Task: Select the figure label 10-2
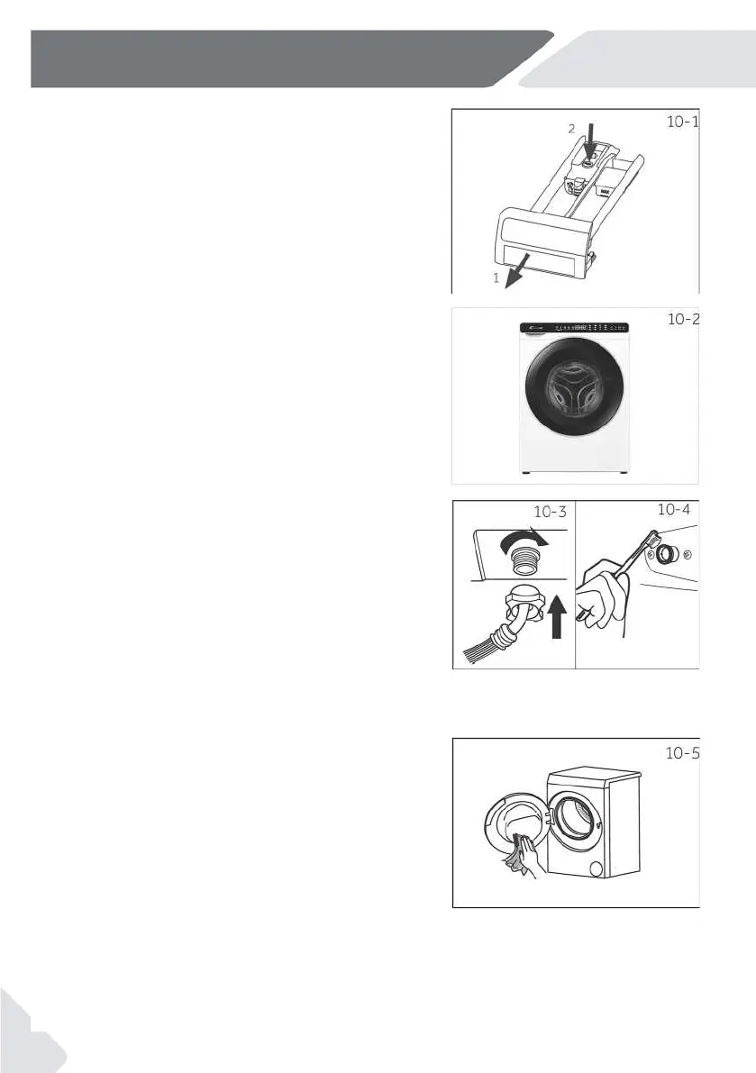pos(682,320)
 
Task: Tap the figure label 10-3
pos(551,512)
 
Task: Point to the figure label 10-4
pos(675,510)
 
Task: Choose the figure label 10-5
pos(681,754)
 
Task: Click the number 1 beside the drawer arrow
pos(495,279)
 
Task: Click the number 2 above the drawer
pos(569,129)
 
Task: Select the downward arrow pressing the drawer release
pos(589,144)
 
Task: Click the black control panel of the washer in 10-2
pos(573,327)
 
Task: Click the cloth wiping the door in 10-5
pos(521,850)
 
